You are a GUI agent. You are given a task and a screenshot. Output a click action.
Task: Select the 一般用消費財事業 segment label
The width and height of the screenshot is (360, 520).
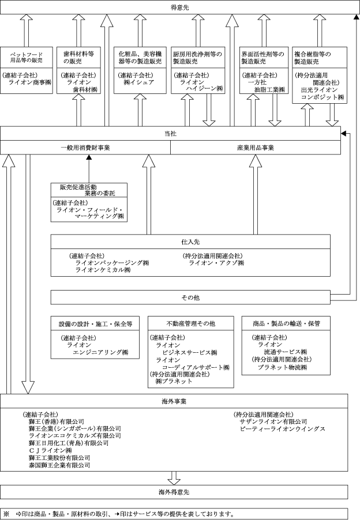(x=85, y=148)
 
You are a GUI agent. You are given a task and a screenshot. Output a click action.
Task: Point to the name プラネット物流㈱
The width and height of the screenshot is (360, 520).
(x=283, y=367)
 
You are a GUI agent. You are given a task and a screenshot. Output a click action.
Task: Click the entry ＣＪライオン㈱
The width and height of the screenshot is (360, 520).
(x=50, y=450)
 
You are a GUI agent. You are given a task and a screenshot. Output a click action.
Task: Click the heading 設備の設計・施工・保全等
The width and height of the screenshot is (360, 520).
(x=95, y=323)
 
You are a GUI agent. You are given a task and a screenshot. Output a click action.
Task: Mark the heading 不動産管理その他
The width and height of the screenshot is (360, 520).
(x=191, y=323)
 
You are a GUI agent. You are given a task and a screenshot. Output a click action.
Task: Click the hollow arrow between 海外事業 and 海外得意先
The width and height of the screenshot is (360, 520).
(x=174, y=477)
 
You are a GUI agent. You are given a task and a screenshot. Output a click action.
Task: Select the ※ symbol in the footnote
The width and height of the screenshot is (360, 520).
(x=6, y=513)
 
